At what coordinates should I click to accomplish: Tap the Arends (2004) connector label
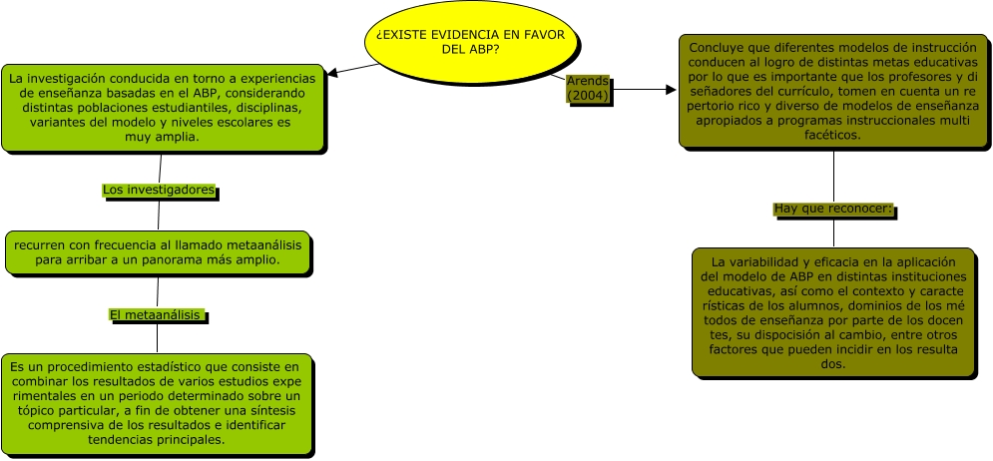pyautogui.click(x=588, y=88)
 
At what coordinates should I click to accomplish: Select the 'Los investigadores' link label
pyautogui.click(x=159, y=190)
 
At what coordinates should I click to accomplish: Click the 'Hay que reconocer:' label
pyautogui.click(x=832, y=210)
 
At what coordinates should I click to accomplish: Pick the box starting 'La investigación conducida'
pyautogui.click(x=161, y=108)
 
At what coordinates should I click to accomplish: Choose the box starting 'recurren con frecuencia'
pyautogui.click(x=157, y=251)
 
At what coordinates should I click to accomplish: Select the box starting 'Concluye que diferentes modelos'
pyautogui.click(x=833, y=91)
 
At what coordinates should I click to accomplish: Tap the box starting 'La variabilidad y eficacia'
pyautogui.click(x=833, y=312)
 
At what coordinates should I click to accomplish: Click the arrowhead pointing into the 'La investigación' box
pyautogui.click(x=334, y=73)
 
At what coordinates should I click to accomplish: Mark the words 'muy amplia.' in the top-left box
pyautogui.click(x=161, y=138)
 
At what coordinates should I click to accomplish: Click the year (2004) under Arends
pyautogui.click(x=588, y=95)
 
